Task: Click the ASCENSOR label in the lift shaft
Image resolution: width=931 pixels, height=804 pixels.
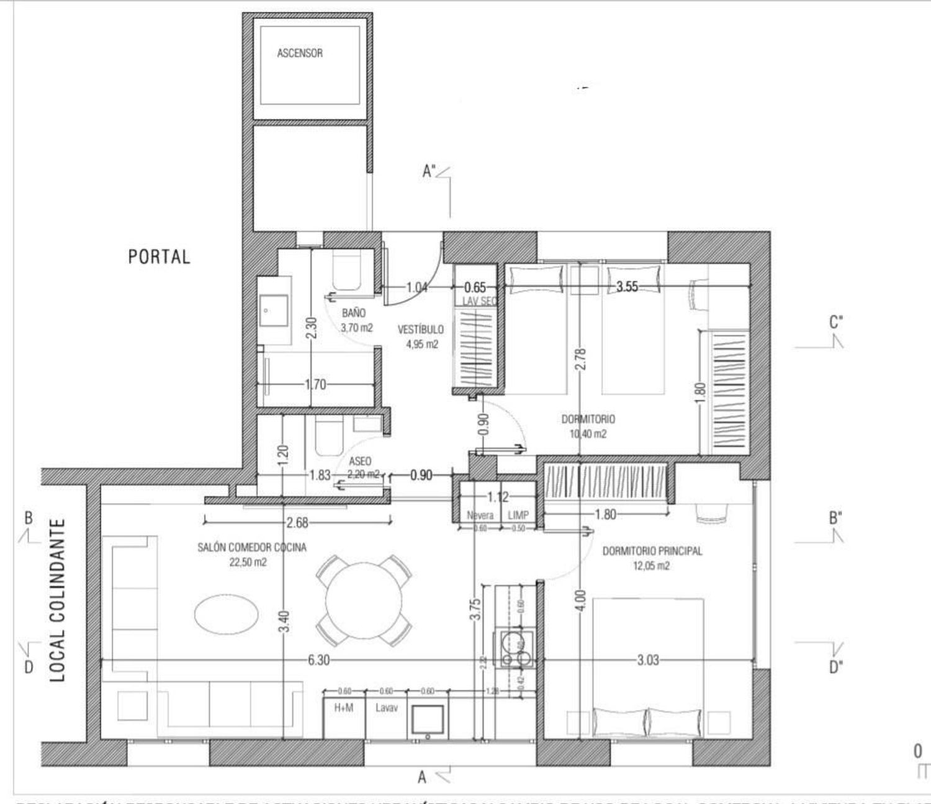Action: pos(300,53)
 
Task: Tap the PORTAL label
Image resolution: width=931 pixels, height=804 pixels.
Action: pos(159,257)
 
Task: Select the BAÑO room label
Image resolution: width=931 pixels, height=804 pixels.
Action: pos(354,313)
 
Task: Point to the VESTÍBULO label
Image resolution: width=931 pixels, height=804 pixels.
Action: pos(421,329)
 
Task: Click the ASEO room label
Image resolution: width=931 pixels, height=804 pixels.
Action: pos(360,462)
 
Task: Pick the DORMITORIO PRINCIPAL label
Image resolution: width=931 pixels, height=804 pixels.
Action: pos(652,551)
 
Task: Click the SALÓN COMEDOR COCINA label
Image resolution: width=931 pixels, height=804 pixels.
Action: pos(251,548)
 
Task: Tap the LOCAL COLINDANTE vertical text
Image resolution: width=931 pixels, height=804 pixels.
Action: pos(58,600)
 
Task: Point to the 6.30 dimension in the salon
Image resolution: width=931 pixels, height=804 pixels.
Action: pos(318,660)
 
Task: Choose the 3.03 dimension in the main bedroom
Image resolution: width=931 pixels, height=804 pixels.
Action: pos(647,660)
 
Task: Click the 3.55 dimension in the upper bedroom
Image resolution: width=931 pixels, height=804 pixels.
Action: pos(627,287)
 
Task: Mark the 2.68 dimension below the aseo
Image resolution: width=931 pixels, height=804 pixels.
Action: pos(297,523)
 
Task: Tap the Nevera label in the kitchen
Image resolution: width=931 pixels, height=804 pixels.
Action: pos(480,516)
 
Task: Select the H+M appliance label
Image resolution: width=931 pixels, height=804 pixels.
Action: pos(344,707)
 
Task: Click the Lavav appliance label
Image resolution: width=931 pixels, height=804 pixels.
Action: pos(386,707)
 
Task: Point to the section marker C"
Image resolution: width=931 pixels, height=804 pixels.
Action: pos(836,323)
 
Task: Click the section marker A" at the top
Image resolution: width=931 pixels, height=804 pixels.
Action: pos(429,171)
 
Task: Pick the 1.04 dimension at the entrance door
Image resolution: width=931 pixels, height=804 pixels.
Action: pos(417,287)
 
